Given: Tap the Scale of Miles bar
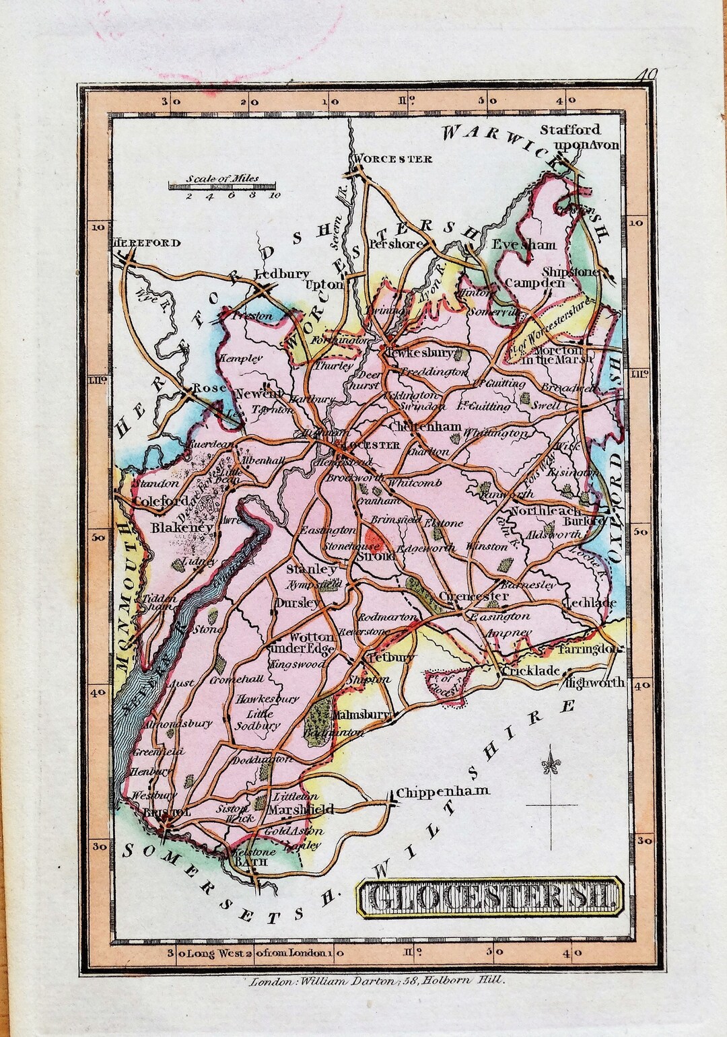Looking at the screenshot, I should (x=223, y=183).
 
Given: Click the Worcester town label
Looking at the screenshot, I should (x=392, y=159).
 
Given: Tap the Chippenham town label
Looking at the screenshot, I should (x=442, y=791).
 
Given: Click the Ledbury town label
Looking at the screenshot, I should (x=281, y=274).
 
